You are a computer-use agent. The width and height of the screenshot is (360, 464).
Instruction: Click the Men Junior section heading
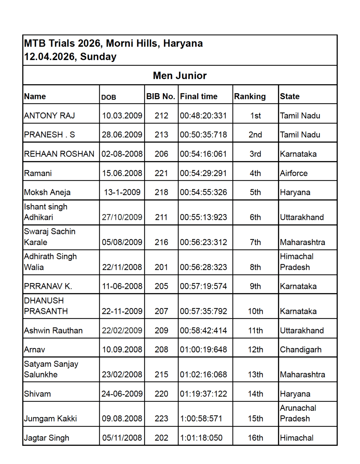[x=180, y=75]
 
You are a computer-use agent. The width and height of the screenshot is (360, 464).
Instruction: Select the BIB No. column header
[x=161, y=97]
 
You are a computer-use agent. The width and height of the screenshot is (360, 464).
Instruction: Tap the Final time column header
[x=199, y=97]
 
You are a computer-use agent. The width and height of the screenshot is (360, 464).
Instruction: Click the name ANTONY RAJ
[x=49, y=116]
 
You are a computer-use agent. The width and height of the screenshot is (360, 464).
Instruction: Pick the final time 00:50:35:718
[x=203, y=135]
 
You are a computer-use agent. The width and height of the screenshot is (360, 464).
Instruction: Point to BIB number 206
[x=161, y=154]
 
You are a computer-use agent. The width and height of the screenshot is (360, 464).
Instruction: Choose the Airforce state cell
[x=294, y=173]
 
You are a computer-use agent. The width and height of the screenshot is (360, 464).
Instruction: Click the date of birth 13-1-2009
[x=122, y=192]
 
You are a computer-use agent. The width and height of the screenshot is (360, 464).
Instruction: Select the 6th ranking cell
[x=255, y=217]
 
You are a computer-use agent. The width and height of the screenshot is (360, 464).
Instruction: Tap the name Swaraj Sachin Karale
[x=50, y=237]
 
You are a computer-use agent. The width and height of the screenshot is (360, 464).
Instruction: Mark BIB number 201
[x=161, y=267]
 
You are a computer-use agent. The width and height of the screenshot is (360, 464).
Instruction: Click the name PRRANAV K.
[x=48, y=286]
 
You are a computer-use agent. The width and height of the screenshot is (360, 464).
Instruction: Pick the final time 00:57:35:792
[x=203, y=311]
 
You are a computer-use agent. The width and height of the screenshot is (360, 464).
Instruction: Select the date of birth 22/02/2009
[x=122, y=331]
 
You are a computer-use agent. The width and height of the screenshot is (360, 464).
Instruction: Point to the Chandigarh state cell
[x=300, y=350]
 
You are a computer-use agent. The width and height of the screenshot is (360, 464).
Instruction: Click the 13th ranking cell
[x=255, y=375]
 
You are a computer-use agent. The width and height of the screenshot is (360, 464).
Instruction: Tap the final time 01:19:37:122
[x=203, y=394]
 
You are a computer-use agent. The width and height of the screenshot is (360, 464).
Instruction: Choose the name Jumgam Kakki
[x=50, y=419]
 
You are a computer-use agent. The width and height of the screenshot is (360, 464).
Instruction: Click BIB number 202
[x=161, y=438]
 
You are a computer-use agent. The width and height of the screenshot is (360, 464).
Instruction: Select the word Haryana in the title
[x=183, y=43]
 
